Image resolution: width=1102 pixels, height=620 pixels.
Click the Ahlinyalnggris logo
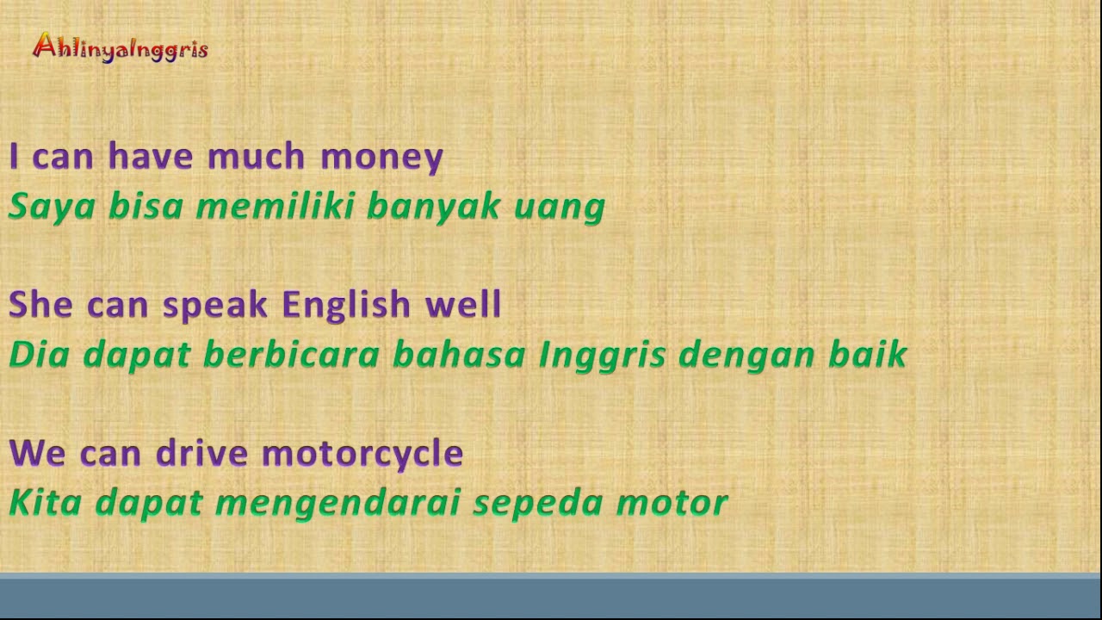pyautogui.click(x=120, y=47)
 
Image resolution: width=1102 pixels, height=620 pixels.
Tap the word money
pyautogui.click(x=381, y=157)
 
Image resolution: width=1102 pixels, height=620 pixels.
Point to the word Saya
pyautogui.click(x=51, y=207)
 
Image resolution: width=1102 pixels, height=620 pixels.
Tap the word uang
pyautogui.click(x=560, y=207)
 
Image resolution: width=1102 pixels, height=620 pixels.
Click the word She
pyautogui.click(x=40, y=305)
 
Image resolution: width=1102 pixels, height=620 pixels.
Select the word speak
pyautogui.click(x=215, y=305)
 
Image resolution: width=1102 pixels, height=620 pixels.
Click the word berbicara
pyautogui.click(x=291, y=355)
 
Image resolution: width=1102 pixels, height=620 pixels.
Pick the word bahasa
pyautogui.click(x=459, y=355)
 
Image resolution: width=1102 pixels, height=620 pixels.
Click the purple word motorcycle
pyautogui.click(x=362, y=453)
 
